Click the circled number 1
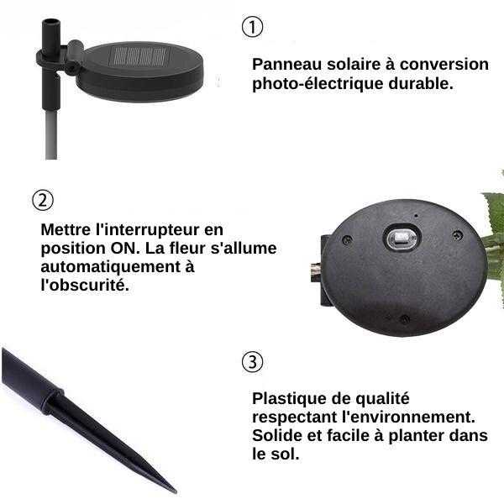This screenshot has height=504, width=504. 252,27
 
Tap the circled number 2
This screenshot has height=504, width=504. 43,200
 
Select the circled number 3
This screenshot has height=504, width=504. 252,361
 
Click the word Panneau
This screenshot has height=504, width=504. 286,65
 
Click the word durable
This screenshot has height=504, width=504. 421,83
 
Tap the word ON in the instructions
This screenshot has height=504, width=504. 125,249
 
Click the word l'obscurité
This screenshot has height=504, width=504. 85,285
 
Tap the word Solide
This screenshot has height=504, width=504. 277,436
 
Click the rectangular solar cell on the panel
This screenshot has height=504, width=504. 139,57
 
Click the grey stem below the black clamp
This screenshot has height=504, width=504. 51,135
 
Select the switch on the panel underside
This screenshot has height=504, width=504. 402,239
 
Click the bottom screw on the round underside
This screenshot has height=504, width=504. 404,319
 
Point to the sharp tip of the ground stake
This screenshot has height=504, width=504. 175,491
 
